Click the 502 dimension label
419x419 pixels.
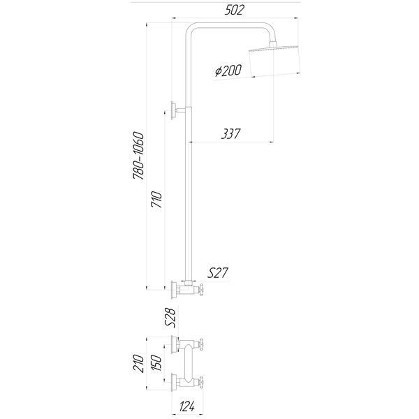click(234, 10)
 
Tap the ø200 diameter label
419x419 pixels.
click(228, 71)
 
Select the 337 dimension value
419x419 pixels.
click(231, 134)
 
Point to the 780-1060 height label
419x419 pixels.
click(139, 155)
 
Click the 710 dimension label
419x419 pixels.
click(156, 199)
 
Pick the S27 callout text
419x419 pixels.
click(218, 273)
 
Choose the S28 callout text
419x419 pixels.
click(170, 318)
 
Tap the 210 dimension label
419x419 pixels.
click(139, 363)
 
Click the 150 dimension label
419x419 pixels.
click(156, 362)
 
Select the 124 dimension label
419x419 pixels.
click(187, 406)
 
